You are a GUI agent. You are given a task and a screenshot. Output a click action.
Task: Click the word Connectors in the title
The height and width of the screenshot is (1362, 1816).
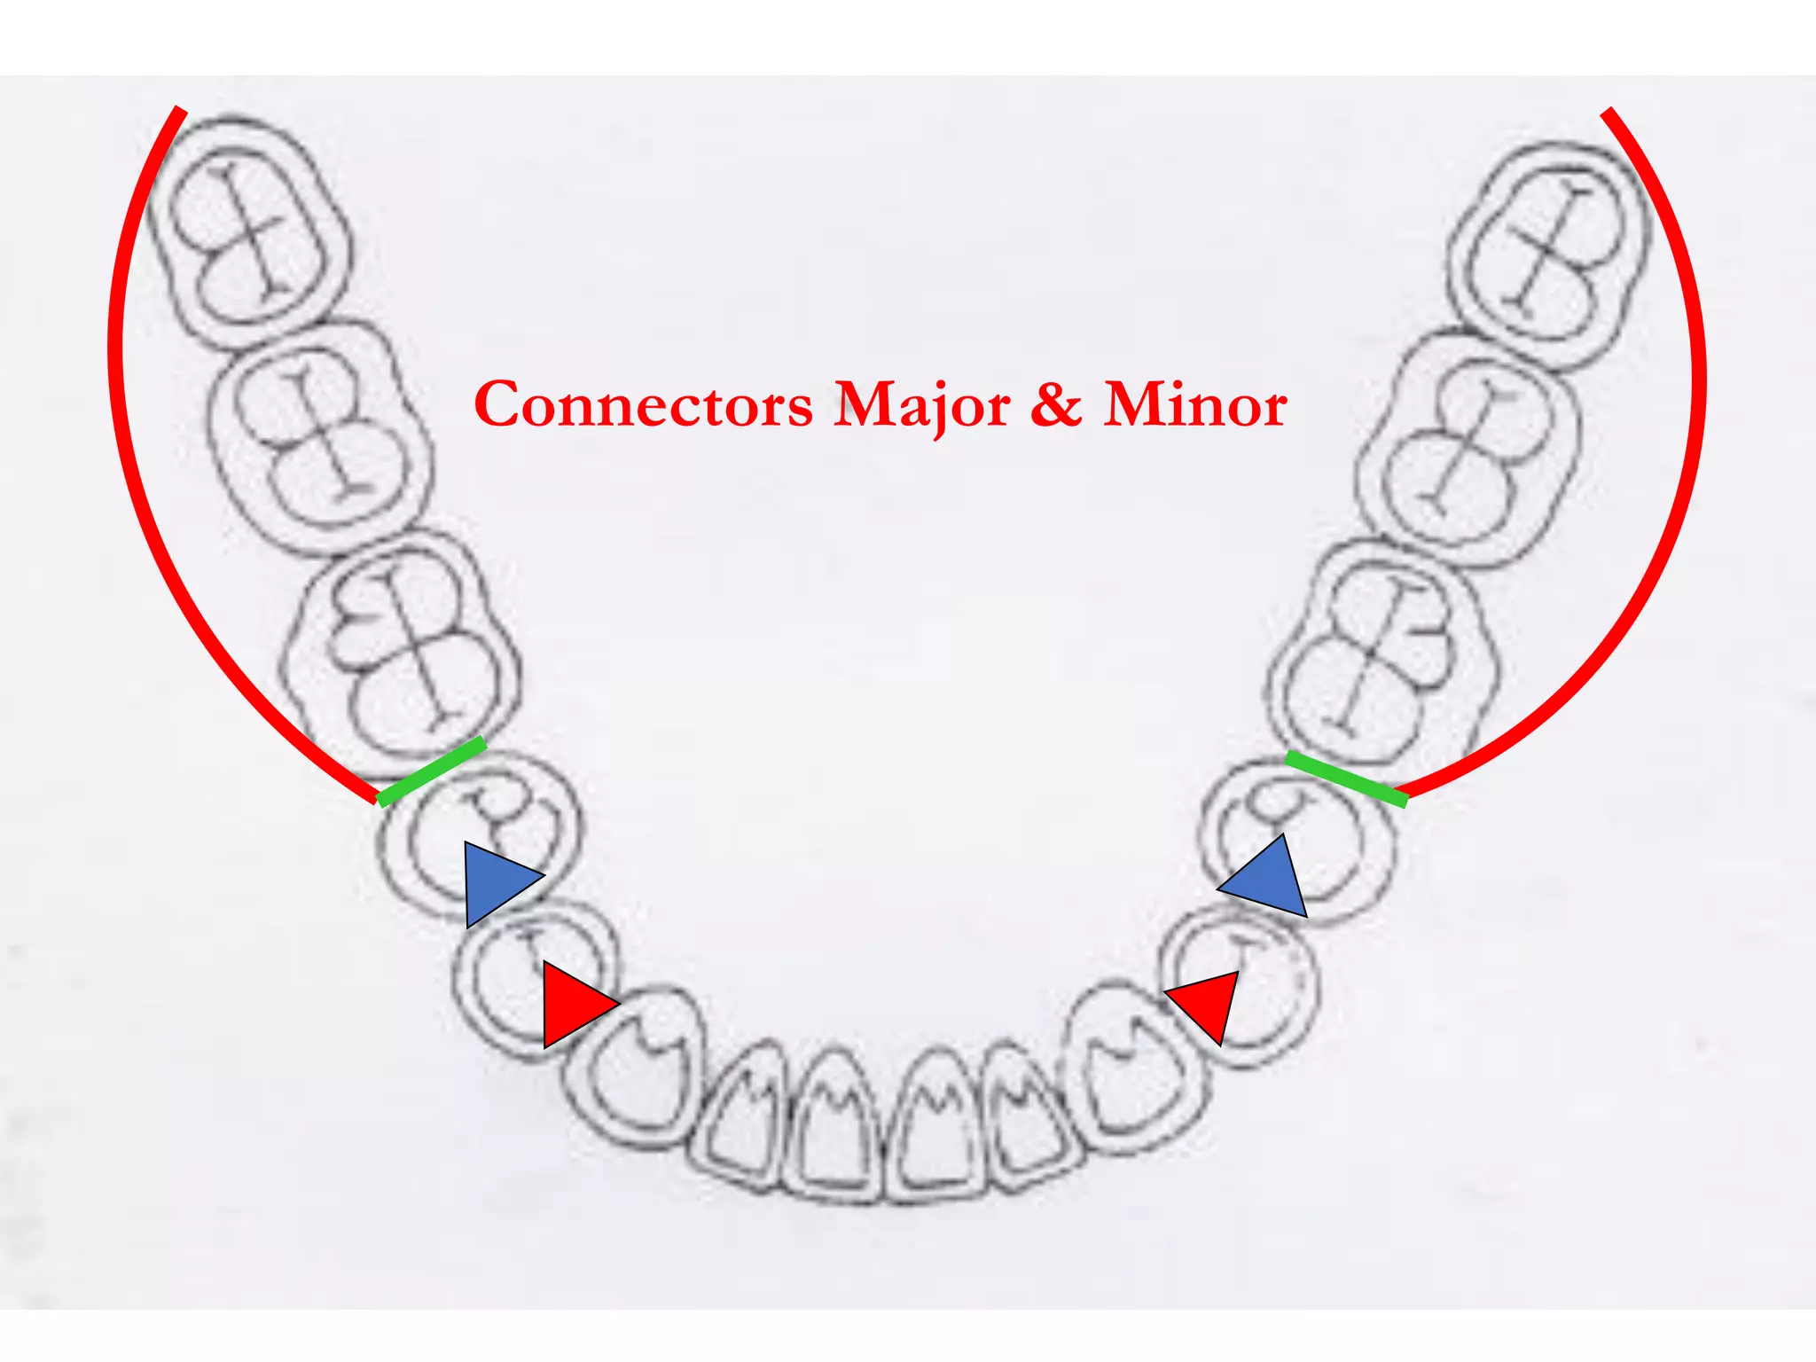pos(643,405)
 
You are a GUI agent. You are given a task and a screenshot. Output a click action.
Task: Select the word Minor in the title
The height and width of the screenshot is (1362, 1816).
pos(1194,405)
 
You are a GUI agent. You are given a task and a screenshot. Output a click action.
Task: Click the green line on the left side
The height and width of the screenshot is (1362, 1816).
pos(432,771)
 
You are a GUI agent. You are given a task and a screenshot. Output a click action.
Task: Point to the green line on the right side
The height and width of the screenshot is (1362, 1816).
pos(1346,779)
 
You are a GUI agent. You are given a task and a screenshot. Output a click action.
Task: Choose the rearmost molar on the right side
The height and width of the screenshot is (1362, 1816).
pos(1552,253)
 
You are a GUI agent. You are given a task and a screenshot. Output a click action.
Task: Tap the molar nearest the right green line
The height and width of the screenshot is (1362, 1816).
pos(1383,656)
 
